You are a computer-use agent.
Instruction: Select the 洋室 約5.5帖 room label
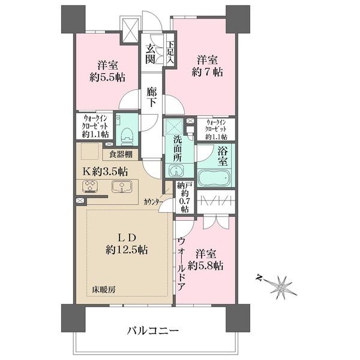[105, 71]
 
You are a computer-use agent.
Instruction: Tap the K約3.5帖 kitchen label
[105, 172]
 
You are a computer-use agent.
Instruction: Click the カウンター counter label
[152, 203]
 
